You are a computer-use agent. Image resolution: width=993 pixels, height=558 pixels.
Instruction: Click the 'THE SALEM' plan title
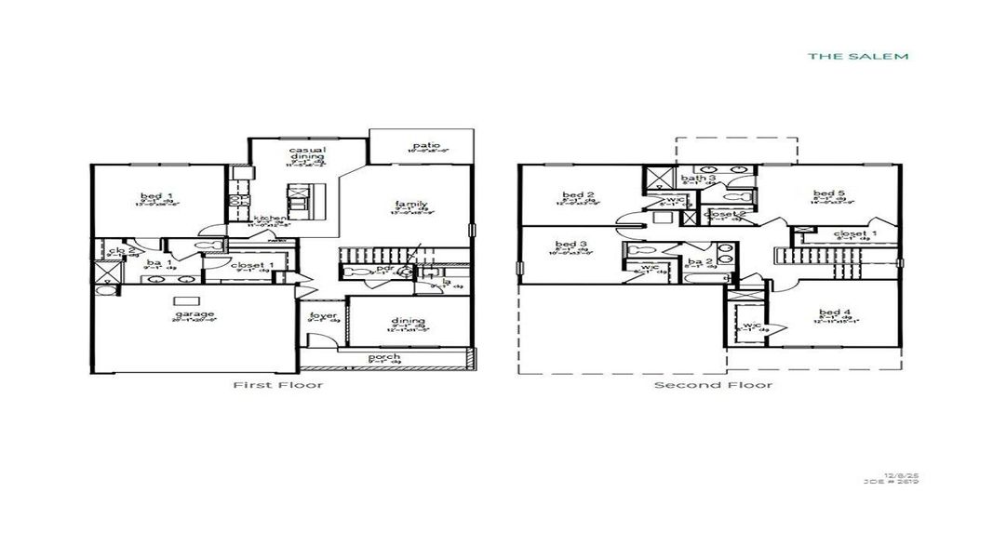(x=857, y=56)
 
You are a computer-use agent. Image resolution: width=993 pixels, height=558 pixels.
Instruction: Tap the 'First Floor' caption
(x=277, y=385)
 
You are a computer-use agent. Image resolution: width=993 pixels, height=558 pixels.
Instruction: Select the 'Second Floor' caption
(x=712, y=385)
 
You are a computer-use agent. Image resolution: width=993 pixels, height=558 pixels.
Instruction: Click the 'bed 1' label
(x=152, y=195)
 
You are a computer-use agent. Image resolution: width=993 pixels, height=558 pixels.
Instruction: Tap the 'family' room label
(x=410, y=204)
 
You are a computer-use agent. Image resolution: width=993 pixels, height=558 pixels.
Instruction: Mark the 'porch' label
(x=384, y=357)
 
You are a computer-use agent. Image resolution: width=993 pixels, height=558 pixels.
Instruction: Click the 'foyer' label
(x=323, y=316)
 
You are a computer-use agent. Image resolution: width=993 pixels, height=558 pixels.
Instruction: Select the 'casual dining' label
(x=305, y=153)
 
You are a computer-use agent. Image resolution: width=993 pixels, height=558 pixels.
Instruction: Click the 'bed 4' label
(x=834, y=312)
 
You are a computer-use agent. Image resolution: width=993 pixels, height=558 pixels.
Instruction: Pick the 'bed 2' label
(x=571, y=195)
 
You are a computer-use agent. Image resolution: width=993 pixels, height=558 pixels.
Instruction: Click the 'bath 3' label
(x=698, y=178)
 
